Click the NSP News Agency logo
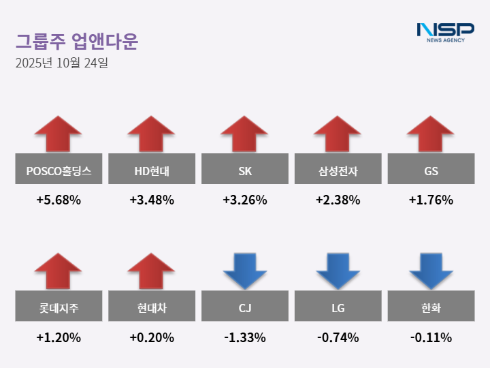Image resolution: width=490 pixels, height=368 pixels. coord(445,32)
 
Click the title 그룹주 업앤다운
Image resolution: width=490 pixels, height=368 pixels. coord(76,41)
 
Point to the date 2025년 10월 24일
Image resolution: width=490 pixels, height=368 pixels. coord(61,64)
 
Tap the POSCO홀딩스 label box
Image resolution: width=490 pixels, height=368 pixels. coord(59,169)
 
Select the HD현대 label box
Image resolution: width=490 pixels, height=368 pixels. coord(152,169)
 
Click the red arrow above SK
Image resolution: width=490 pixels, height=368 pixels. coord(244,134)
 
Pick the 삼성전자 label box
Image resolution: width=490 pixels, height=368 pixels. coord(338,169)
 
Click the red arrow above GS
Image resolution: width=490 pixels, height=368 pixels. coord(431,134)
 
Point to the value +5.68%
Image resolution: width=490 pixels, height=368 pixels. coord(59,200)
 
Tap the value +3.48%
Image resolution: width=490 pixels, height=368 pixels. coord(152,200)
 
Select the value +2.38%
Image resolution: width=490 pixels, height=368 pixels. coord(338,200)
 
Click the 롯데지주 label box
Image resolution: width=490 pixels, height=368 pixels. coord(59,307)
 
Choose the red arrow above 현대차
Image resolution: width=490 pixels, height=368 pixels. coord(152,271)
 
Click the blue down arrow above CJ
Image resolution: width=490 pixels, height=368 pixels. coord(244,271)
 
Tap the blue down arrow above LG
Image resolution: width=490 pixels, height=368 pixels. coord(338,271)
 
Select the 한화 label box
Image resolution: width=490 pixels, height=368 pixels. coord(431,307)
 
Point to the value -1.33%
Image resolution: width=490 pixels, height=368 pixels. coord(244,337)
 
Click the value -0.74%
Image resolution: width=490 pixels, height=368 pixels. coord(338,337)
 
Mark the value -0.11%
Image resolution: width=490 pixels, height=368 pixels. coord(431,337)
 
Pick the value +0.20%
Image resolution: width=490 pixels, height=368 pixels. coord(152,337)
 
